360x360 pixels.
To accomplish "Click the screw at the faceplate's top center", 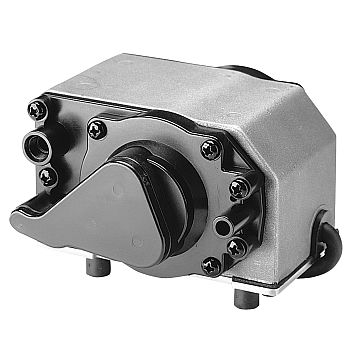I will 97,127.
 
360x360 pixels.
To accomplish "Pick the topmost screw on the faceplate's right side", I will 209,148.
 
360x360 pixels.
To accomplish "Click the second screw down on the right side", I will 238,187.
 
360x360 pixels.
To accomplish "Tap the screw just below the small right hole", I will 236,245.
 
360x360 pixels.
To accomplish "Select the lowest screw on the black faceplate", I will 212,266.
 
